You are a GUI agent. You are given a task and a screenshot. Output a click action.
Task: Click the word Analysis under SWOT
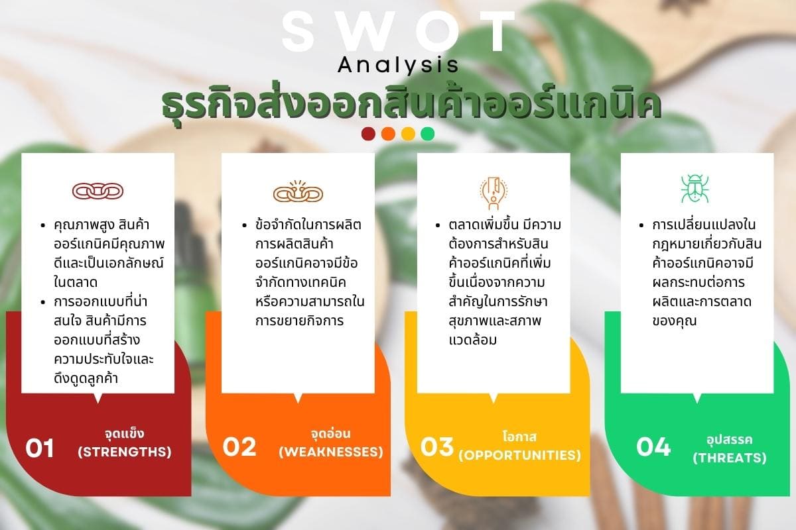(398, 66)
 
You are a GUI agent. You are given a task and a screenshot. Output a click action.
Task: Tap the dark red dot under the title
(368, 134)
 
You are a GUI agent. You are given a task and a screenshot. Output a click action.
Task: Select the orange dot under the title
(388, 134)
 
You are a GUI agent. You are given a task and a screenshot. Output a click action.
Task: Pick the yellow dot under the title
(408, 134)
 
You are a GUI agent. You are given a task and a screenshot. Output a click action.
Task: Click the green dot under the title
(427, 134)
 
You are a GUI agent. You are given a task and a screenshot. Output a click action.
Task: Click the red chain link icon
(98, 191)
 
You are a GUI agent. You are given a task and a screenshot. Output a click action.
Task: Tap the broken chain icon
(298, 191)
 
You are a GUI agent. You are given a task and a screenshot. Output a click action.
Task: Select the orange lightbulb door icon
(494, 192)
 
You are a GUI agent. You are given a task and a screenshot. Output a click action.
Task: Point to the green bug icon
(695, 189)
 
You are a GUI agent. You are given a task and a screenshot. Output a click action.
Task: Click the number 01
(40, 448)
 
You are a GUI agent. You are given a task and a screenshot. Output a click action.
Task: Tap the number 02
(239, 447)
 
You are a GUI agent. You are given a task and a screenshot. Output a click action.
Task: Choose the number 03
(437, 447)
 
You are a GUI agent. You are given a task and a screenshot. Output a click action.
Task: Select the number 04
(653, 447)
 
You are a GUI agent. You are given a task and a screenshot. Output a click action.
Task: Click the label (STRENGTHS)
(125, 452)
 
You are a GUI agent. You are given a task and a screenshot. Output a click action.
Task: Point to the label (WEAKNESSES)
(331, 452)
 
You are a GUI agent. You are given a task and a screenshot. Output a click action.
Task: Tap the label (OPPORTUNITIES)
(519, 455)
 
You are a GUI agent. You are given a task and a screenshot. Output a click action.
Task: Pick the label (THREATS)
(730, 458)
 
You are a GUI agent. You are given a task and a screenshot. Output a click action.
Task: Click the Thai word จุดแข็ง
(125, 434)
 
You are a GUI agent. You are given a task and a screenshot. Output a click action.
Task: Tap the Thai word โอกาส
(519, 437)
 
